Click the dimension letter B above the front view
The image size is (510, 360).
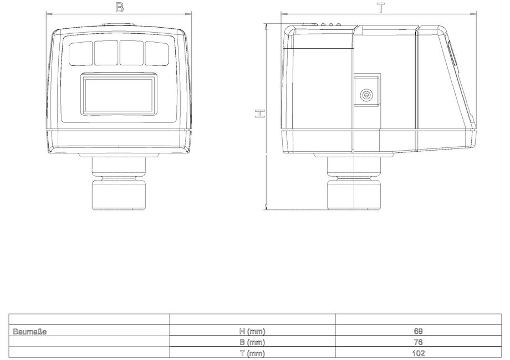(x=119, y=7)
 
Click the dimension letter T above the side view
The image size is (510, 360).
(x=381, y=8)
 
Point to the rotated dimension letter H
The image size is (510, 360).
(x=259, y=114)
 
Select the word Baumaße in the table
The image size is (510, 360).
(x=29, y=331)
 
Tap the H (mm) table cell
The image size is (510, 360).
(x=252, y=331)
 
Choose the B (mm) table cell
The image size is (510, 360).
(x=252, y=342)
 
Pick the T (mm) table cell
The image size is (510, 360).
(x=252, y=353)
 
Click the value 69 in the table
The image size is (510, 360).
(x=419, y=331)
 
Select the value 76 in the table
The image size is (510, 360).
(x=419, y=342)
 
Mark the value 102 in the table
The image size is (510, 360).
(x=419, y=353)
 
